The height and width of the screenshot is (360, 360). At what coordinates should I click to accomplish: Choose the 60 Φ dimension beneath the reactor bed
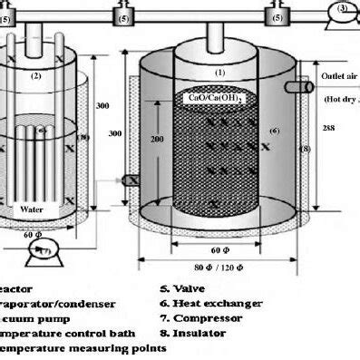point(218,247)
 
